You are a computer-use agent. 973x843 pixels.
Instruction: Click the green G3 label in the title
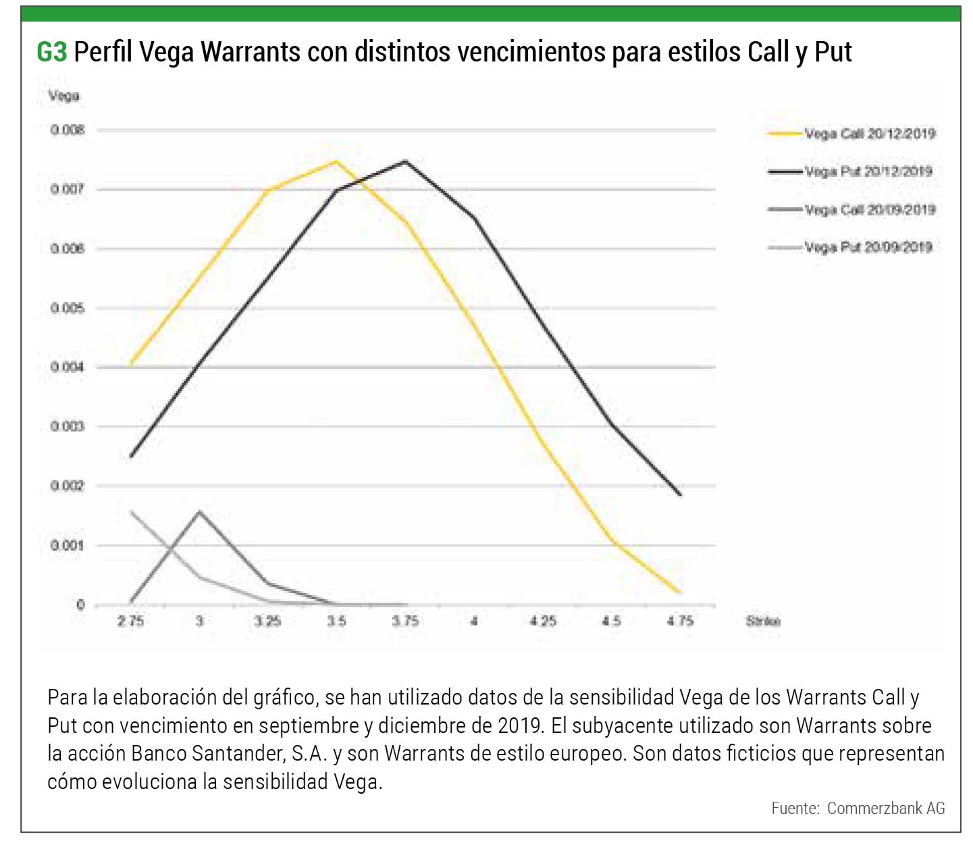(x=51, y=52)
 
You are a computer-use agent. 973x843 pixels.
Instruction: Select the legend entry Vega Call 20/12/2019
(x=869, y=134)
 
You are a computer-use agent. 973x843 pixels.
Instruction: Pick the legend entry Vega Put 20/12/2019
(x=868, y=172)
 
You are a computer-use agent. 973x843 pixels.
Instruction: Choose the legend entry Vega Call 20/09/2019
(x=869, y=209)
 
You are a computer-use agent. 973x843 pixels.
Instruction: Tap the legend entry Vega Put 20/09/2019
(x=868, y=247)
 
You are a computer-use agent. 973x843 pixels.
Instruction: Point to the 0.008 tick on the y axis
(x=68, y=130)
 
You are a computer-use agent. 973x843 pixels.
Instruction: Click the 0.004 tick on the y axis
(x=68, y=367)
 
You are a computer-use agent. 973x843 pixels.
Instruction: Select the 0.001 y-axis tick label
(x=68, y=545)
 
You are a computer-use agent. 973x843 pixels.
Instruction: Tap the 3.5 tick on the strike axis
(x=336, y=621)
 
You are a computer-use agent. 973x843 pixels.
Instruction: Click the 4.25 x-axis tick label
(x=542, y=621)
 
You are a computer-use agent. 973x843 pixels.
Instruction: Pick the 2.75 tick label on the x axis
(x=130, y=621)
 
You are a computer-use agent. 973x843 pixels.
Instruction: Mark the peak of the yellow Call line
(x=336, y=161)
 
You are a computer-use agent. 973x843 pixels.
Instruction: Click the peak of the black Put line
(x=405, y=161)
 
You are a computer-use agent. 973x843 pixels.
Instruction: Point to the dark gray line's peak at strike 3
(x=199, y=511)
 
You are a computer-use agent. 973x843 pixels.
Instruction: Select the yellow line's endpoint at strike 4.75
(x=680, y=592)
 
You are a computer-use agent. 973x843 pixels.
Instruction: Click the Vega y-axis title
(x=63, y=96)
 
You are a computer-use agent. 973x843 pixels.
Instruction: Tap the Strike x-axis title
(x=763, y=621)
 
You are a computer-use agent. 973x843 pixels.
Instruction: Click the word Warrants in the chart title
(x=250, y=52)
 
